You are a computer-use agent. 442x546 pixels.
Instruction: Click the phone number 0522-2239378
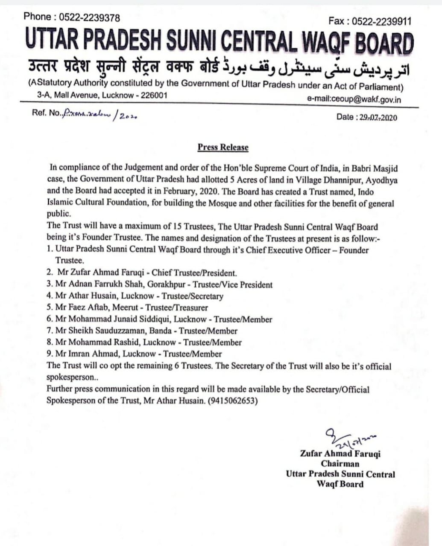(x=89, y=17)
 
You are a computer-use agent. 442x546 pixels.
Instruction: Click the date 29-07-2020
(x=376, y=117)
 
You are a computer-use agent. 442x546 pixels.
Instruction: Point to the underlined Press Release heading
(x=222, y=148)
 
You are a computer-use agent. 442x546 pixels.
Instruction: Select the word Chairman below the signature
(x=340, y=464)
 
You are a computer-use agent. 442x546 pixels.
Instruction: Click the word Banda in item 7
(x=163, y=331)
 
